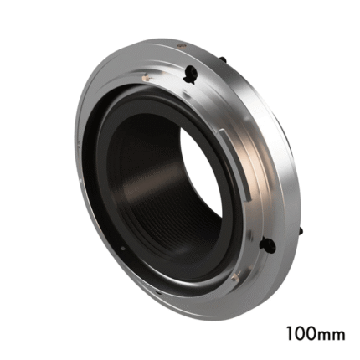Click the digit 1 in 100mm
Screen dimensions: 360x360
[x=289, y=333]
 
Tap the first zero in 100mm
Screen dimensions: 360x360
[x=299, y=333]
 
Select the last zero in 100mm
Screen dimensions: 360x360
[x=311, y=333]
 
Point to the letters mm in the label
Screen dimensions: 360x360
[x=332, y=336]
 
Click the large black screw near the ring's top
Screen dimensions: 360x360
[x=191, y=75]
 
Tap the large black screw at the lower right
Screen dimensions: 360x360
[x=268, y=245]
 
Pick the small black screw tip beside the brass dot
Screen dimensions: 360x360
[x=223, y=59]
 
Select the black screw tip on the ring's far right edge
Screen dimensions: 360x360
[x=301, y=231]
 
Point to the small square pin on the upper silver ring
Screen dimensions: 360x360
[x=145, y=76]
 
